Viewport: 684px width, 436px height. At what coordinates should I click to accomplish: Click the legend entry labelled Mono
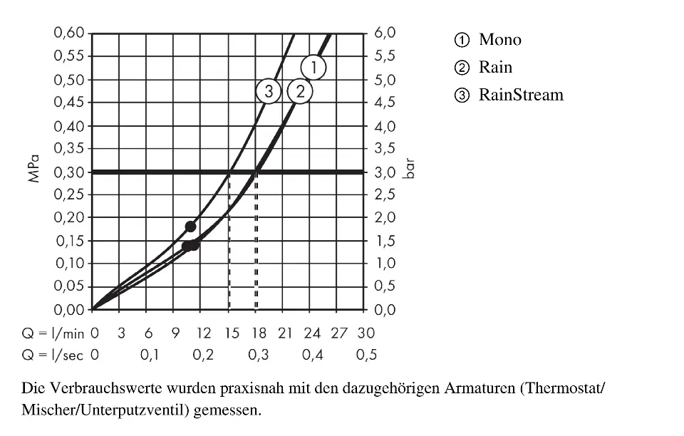click(499, 40)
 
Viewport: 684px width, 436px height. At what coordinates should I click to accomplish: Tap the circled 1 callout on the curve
click(313, 68)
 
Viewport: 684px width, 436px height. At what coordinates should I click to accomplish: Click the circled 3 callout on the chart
click(269, 91)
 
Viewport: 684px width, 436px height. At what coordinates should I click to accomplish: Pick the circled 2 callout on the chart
click(300, 91)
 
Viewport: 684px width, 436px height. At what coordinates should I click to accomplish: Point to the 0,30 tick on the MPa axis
click(70, 172)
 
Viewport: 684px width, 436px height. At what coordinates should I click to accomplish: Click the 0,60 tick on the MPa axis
click(70, 33)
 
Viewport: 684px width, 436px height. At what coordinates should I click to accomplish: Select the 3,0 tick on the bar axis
click(385, 172)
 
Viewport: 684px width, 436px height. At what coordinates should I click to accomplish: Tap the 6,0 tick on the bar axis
click(385, 33)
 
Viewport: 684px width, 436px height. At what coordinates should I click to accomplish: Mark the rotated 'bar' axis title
click(409, 171)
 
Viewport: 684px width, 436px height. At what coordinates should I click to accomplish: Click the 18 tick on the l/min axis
click(257, 333)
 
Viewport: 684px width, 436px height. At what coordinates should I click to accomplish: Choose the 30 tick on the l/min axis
click(366, 333)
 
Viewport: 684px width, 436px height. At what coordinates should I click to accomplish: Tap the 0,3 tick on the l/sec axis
click(257, 355)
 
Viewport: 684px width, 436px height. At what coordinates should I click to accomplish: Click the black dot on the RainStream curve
click(190, 227)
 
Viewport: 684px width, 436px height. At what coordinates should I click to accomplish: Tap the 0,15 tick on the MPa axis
click(70, 241)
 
